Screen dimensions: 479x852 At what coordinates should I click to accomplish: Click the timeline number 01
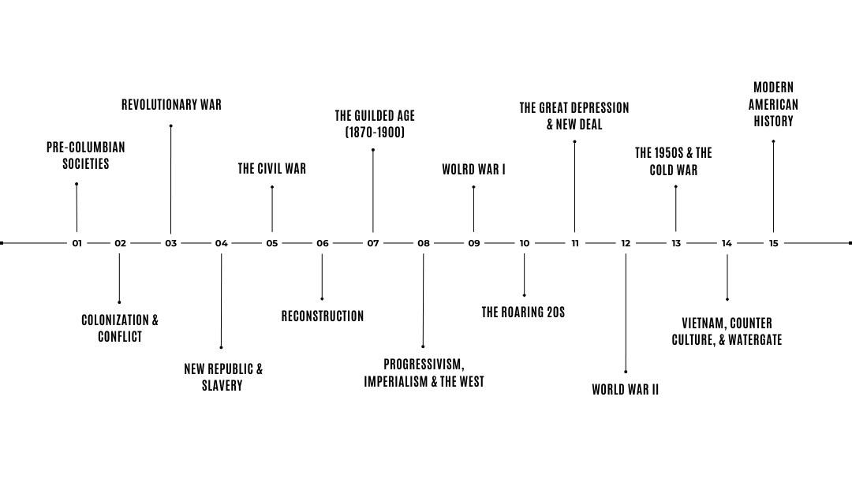[x=77, y=244]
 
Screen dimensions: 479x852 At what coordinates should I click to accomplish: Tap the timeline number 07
[x=373, y=244]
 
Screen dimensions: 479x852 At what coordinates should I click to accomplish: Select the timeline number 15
[x=774, y=244]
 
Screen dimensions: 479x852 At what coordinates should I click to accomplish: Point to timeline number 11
[x=575, y=244]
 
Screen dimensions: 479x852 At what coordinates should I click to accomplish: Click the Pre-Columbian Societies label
[x=86, y=155]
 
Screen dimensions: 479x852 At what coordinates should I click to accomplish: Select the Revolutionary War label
[x=171, y=104]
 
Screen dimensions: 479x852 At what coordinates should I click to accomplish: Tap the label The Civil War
[x=272, y=168]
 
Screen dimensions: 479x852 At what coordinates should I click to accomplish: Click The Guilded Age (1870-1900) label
[x=375, y=124]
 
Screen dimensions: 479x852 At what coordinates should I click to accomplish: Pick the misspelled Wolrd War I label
[x=473, y=169]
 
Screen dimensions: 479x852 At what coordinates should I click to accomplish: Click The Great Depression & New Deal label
[x=574, y=116]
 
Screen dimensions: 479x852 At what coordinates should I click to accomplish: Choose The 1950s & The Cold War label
[x=674, y=161]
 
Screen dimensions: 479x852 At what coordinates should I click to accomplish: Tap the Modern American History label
[x=773, y=104]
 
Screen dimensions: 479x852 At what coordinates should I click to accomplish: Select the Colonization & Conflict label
[x=120, y=328]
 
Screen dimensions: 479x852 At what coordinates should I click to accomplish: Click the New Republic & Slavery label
[x=223, y=377]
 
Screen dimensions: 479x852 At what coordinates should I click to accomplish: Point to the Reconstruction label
[x=323, y=316]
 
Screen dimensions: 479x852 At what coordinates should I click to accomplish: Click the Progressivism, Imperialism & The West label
[x=424, y=373]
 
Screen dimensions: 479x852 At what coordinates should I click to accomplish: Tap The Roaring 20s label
[x=523, y=312]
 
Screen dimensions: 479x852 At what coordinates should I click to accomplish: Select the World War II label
[x=625, y=390]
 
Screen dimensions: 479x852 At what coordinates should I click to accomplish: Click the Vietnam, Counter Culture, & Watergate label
[x=727, y=331]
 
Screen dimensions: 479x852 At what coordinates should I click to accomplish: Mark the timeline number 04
[x=222, y=244]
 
